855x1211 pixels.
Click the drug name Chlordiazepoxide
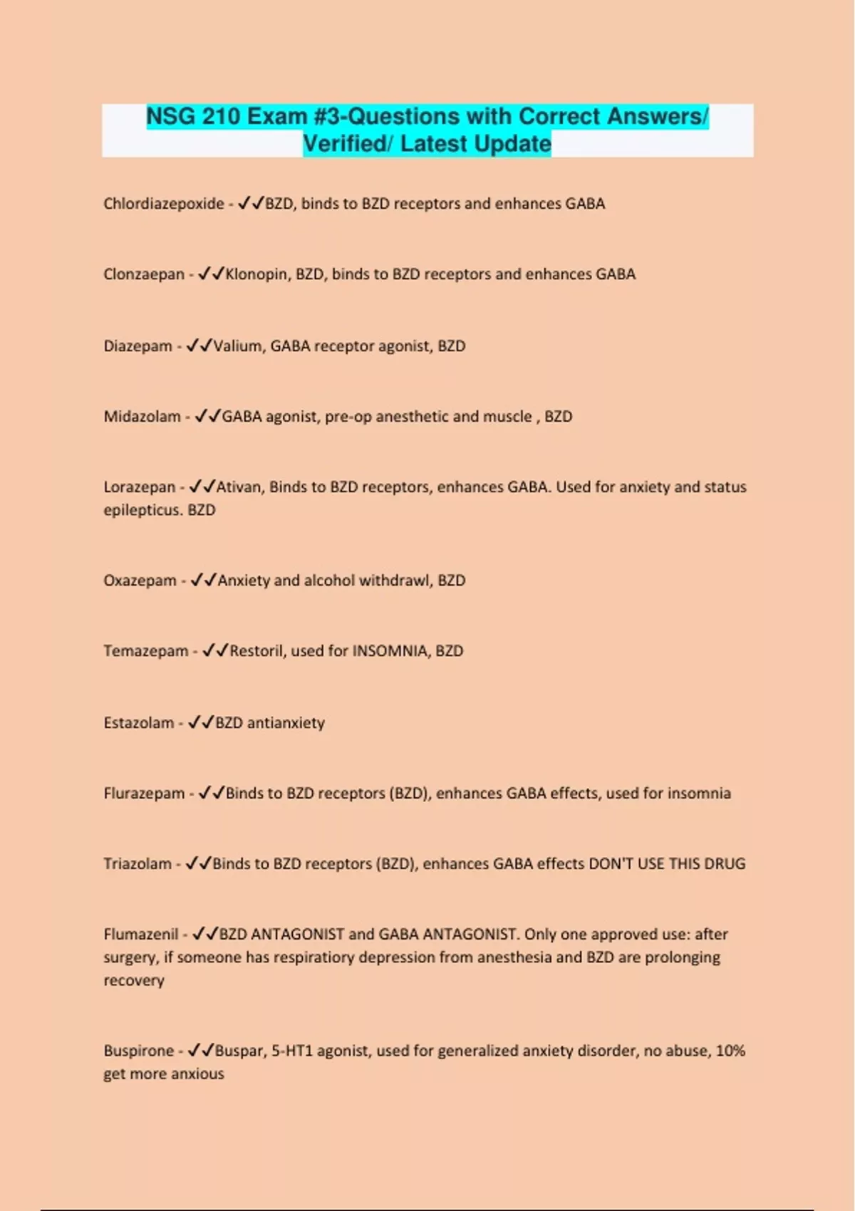tap(164, 204)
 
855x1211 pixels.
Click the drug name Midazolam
tap(142, 417)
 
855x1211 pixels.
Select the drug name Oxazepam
tap(140, 581)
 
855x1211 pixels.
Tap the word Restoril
tap(257, 651)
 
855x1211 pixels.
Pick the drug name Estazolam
tap(139, 723)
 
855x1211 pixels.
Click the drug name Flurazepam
tap(144, 794)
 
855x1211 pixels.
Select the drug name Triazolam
tap(138, 864)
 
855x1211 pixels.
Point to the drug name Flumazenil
tap(141, 935)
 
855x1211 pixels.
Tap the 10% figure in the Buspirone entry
tap(730, 1051)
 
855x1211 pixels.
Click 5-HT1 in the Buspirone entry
tap(292, 1051)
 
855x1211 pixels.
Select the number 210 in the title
tap(221, 116)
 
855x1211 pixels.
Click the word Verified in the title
tap(347, 144)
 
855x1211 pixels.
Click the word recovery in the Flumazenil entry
tap(134, 981)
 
